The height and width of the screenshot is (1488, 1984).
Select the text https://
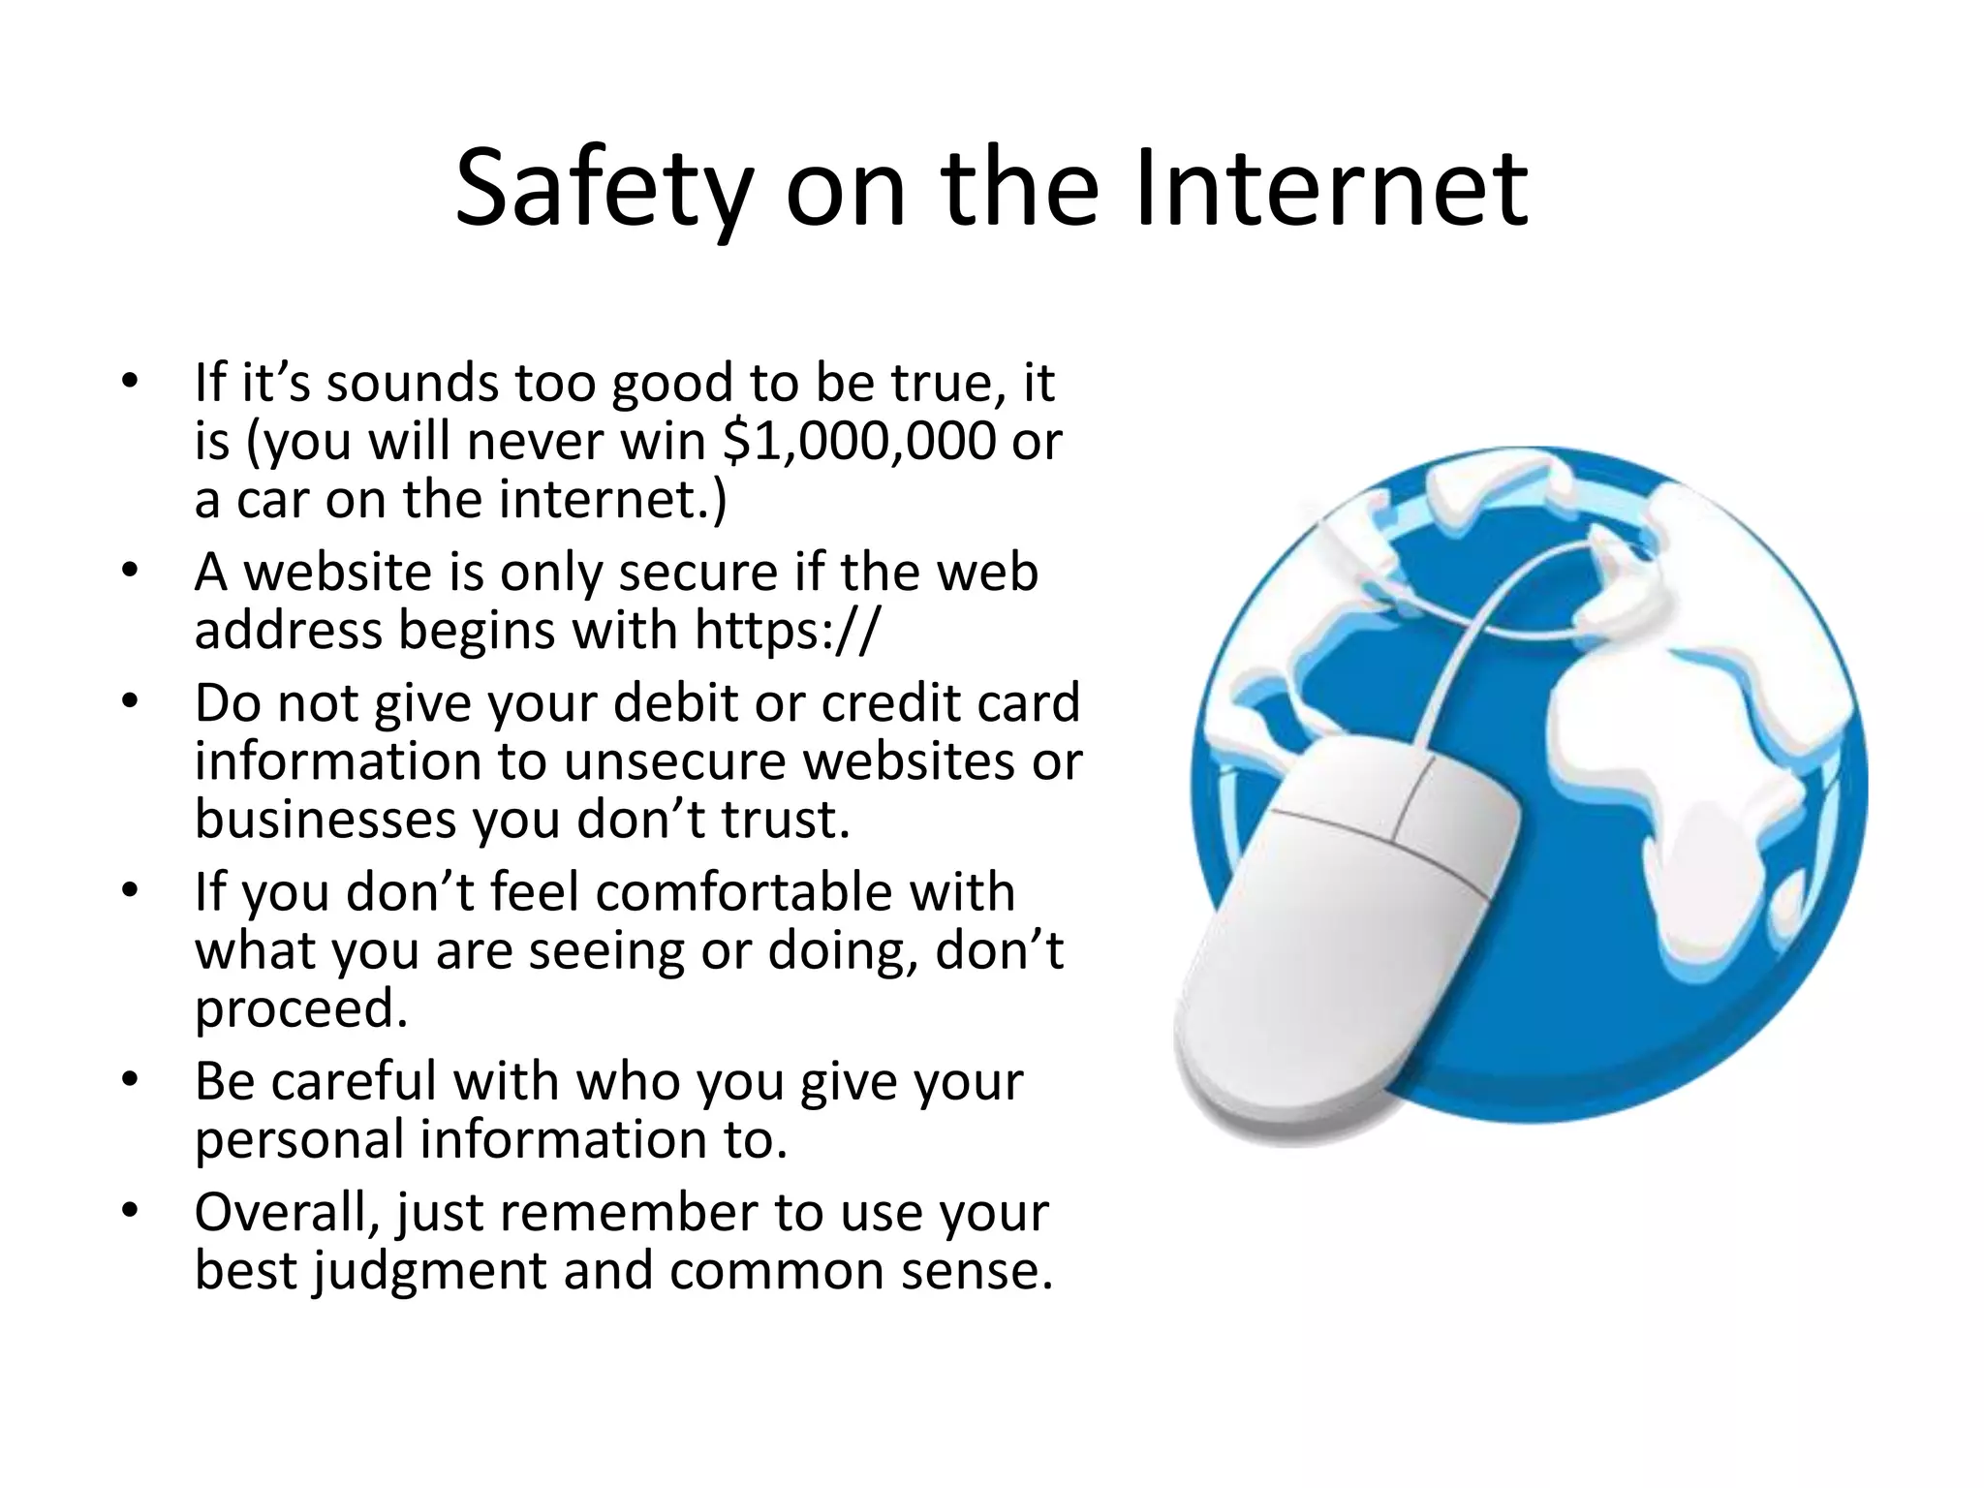[787, 631]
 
